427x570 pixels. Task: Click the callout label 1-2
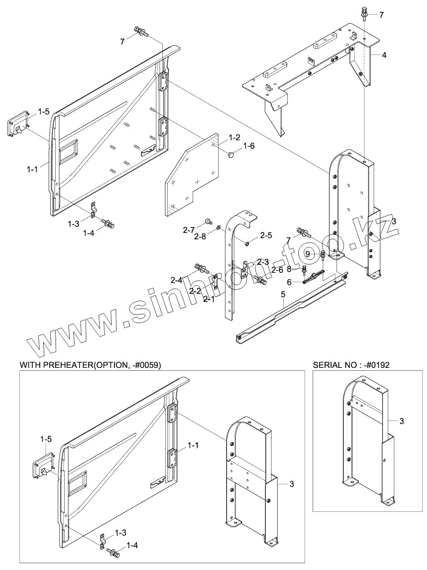pos(235,138)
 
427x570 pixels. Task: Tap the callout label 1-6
pos(249,146)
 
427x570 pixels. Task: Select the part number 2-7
pos(189,230)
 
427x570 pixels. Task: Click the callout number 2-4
pos(176,280)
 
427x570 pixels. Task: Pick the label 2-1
pos(209,299)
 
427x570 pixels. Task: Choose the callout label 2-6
pos(277,270)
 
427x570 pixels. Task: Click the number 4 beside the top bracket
pos(384,55)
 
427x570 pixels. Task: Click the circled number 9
pos(308,254)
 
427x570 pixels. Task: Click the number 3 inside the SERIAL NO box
pos(401,421)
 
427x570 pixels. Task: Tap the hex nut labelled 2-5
pos(247,243)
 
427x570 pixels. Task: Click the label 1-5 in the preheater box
pos(46,439)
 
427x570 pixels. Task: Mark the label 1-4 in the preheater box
pos(133,545)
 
